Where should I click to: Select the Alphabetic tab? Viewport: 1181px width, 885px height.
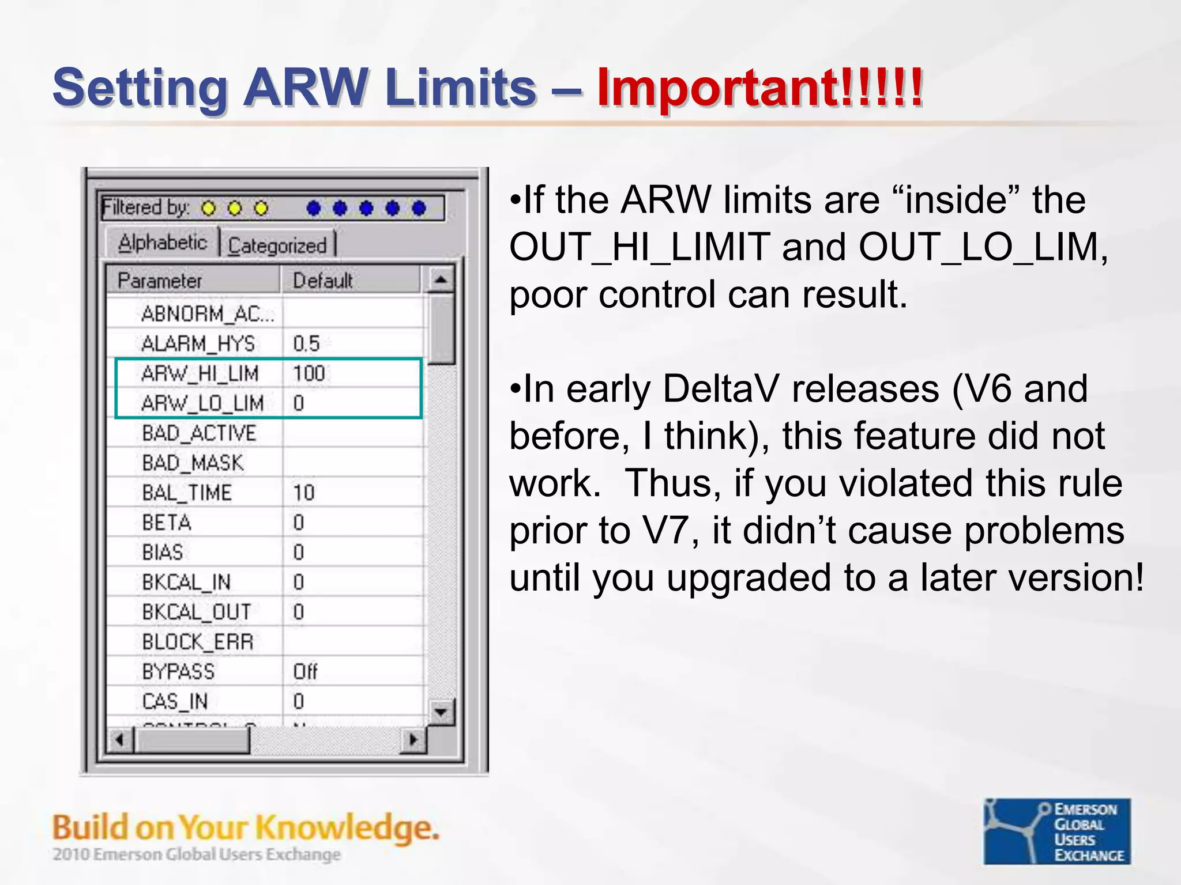pos(162,243)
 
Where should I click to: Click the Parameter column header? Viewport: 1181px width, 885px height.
pos(160,281)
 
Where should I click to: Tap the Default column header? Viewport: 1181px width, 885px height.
pos(322,281)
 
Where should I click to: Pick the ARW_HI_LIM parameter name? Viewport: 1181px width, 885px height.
pos(200,374)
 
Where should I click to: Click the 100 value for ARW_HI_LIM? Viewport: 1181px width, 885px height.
pos(309,374)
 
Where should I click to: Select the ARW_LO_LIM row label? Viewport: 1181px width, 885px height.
pos(202,403)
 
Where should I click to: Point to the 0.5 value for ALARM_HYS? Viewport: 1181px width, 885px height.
pos(306,344)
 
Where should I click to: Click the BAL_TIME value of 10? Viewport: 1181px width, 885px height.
pos(304,493)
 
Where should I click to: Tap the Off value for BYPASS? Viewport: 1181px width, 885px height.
pos(305,672)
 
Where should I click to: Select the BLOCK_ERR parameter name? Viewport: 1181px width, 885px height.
pos(198,642)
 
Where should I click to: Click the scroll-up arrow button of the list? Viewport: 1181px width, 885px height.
pos(441,281)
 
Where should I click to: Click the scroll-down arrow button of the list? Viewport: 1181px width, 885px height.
pos(441,712)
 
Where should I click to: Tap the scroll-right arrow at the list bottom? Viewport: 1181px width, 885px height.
pos(413,740)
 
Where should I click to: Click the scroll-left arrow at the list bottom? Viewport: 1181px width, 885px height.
pos(120,740)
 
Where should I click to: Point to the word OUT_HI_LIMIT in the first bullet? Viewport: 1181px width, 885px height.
pos(640,247)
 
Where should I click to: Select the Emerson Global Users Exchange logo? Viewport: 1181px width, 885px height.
pos(1057,831)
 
